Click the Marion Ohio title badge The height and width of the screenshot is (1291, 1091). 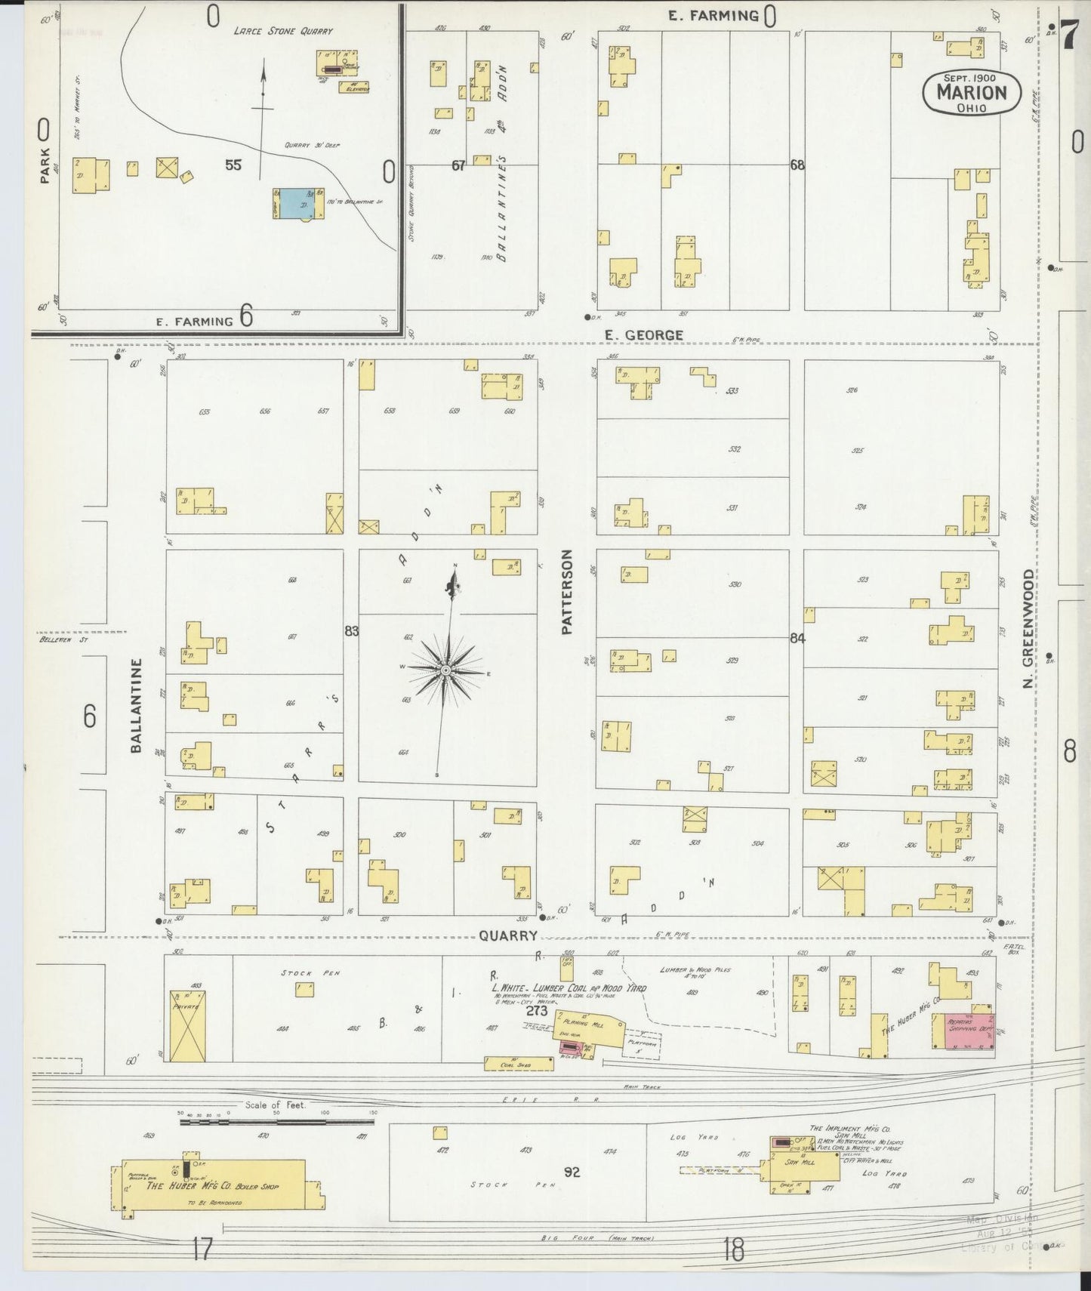[971, 93]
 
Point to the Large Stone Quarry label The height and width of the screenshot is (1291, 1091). [282, 32]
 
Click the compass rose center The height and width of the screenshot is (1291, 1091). [445, 670]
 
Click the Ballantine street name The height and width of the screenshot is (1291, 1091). [136, 705]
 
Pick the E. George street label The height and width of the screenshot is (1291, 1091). [643, 334]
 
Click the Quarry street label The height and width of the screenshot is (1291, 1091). [507, 935]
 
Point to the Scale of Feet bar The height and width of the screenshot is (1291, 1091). [276, 1122]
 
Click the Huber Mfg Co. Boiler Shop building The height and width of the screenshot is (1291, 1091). [219, 1187]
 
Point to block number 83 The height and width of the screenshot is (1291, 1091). [352, 630]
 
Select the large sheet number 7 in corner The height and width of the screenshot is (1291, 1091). [1069, 34]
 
